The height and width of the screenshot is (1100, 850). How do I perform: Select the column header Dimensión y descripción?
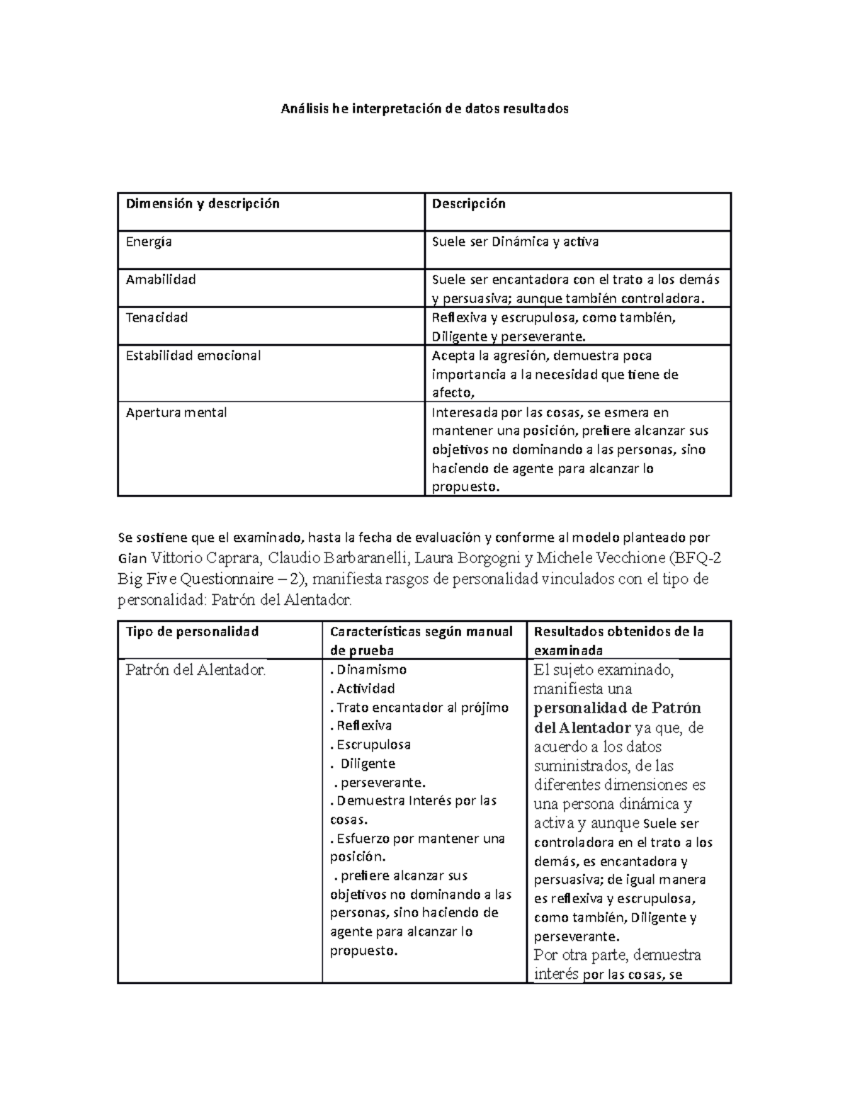(203, 204)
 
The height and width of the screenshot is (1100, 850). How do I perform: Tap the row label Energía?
(149, 242)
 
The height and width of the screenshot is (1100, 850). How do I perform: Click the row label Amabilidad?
(161, 280)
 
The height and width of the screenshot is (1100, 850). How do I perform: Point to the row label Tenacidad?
(157, 318)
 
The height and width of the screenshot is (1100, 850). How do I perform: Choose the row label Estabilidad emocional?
(193, 356)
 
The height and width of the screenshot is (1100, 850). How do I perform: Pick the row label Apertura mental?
(176, 413)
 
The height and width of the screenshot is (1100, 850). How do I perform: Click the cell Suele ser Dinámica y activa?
(515, 242)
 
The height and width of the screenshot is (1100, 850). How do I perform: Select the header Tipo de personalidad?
(192, 632)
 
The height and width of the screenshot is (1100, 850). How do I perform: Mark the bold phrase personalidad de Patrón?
(617, 708)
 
